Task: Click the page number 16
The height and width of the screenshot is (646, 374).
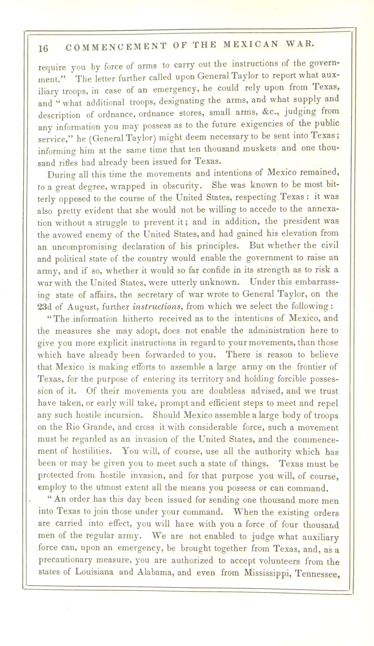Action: click(43, 48)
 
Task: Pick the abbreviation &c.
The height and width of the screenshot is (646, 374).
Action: click(270, 112)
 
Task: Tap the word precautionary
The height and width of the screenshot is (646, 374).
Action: click(65, 560)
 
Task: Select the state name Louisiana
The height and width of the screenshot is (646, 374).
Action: click(94, 572)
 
